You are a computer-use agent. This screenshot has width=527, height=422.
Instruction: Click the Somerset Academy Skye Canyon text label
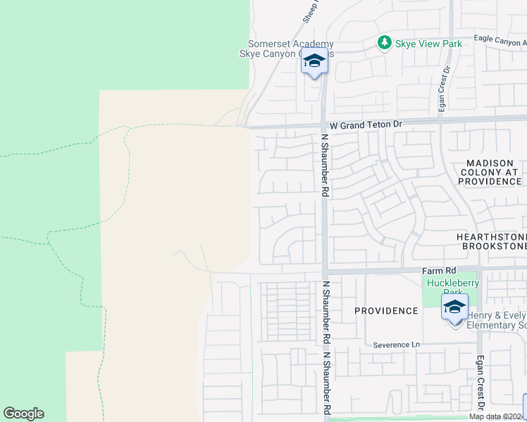click(290, 49)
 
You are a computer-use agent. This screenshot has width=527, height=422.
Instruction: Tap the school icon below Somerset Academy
click(315, 62)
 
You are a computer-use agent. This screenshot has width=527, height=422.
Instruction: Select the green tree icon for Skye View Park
click(384, 44)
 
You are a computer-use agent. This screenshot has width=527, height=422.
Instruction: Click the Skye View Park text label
click(428, 44)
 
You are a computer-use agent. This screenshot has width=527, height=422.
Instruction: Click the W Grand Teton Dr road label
click(366, 124)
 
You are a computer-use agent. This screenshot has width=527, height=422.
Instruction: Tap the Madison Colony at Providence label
click(490, 172)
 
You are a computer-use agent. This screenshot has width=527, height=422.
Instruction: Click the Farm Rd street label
click(440, 270)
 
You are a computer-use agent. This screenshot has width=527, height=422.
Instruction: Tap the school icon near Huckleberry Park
click(454, 307)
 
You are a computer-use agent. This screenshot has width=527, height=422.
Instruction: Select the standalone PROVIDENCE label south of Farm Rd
click(386, 311)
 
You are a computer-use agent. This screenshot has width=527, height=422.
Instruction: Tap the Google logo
click(23, 414)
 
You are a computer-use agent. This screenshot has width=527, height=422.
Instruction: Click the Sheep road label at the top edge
click(311, 11)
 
